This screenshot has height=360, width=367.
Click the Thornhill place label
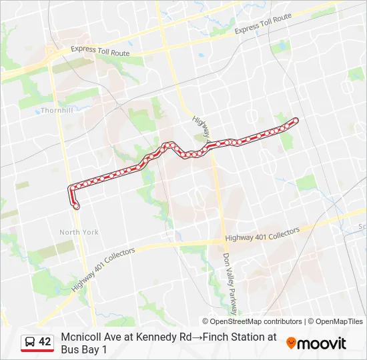[56, 110]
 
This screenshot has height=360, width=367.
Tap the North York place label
[79, 232]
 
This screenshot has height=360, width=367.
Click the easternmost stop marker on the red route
[295, 120]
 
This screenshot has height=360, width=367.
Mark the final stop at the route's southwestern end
[76, 206]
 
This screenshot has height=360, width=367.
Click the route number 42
[45, 342]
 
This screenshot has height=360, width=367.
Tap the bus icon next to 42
[30, 342]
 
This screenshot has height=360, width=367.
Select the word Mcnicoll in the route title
[81, 337]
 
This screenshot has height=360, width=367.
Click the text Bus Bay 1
[83, 349]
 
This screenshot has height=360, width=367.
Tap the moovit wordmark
[322, 344]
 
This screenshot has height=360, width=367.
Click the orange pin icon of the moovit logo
[291, 343]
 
